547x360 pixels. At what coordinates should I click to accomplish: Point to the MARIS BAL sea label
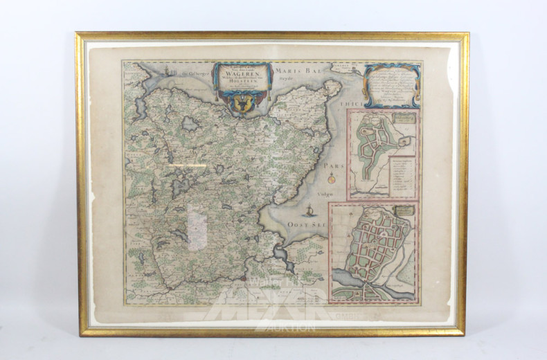tap(296, 71)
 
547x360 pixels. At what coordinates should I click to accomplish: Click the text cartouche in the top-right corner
tap(392, 85)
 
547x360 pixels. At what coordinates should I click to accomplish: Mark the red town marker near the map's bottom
tap(244, 280)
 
